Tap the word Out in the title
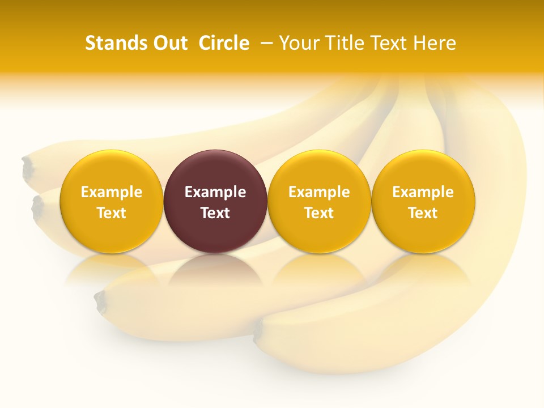coord(169,43)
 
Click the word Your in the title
coord(298,43)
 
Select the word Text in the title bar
coord(388,43)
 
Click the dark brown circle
coord(215,201)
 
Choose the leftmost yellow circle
coord(111,201)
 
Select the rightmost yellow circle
coord(423,201)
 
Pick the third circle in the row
coord(319,201)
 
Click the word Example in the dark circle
coord(215,192)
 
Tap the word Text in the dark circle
coord(215,213)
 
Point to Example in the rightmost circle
coord(423,192)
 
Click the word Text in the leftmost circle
coord(111,213)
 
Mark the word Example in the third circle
coord(319,192)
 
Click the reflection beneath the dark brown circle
coord(215,272)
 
